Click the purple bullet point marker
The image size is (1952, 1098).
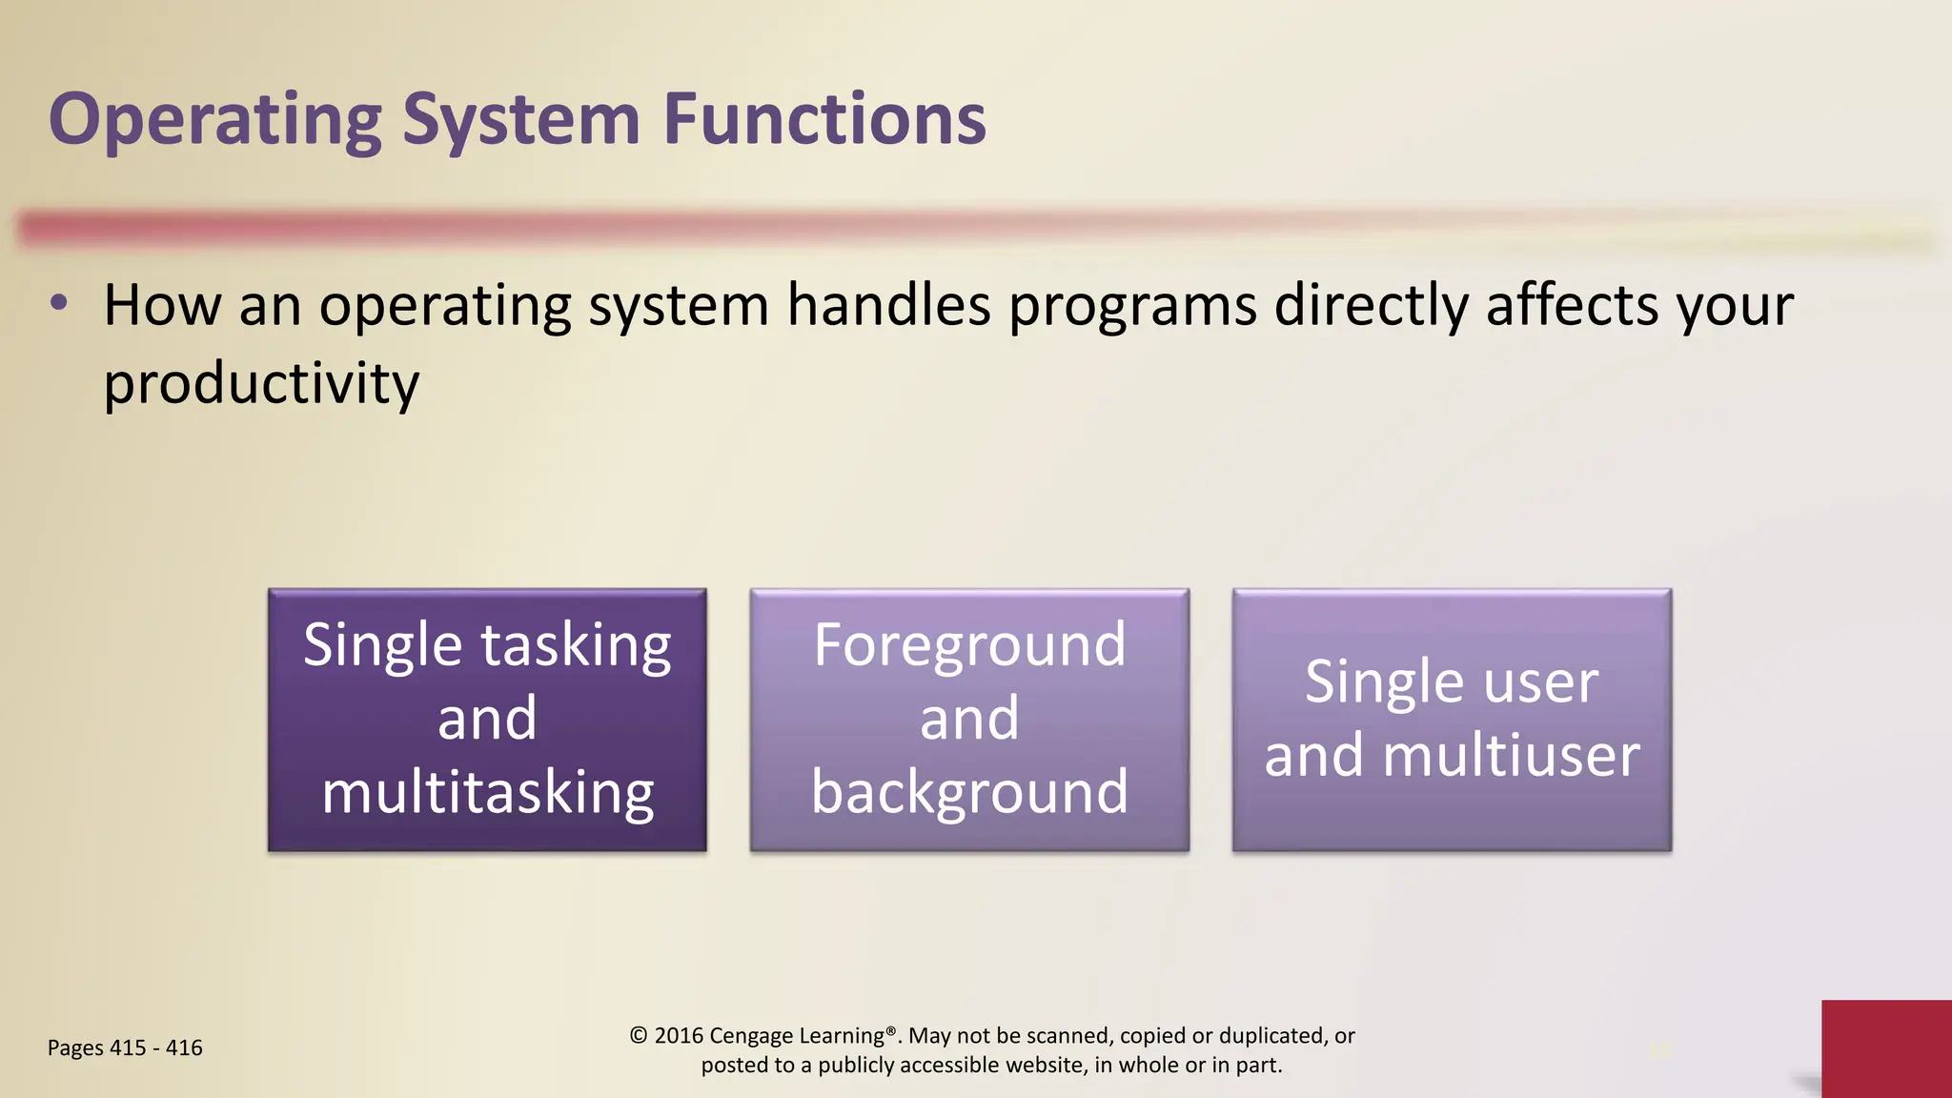point(59,304)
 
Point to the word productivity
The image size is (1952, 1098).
point(261,383)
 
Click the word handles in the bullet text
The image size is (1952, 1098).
point(888,306)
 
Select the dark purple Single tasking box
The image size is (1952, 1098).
point(487,720)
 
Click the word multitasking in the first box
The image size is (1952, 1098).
point(487,792)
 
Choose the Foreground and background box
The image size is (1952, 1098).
point(969,720)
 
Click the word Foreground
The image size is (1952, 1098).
point(969,645)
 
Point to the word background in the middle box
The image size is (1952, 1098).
point(969,792)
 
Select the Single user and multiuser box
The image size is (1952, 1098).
point(1452,720)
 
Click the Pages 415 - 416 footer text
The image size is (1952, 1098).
point(125,1047)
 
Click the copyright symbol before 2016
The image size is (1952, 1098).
point(639,1035)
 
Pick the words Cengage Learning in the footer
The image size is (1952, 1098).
point(797,1035)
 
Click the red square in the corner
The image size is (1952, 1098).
point(1886,1048)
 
